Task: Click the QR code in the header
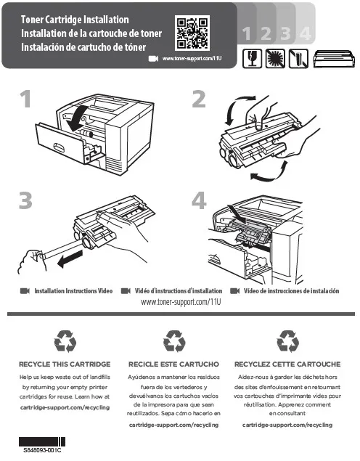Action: pyautogui.click(x=192, y=33)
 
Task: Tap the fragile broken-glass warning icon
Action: pyautogui.click(x=252, y=59)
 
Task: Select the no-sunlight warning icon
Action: pyautogui.click(x=275, y=59)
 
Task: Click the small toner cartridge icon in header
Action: pyautogui.click(x=334, y=59)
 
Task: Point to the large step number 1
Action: pyautogui.click(x=26, y=99)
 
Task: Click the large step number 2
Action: pyautogui.click(x=199, y=99)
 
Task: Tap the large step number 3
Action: pyautogui.click(x=25, y=200)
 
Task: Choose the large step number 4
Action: pyautogui.click(x=199, y=200)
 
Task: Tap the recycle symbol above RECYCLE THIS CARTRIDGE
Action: pyautogui.click(x=65, y=341)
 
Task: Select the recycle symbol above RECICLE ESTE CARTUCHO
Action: pyautogui.click(x=174, y=341)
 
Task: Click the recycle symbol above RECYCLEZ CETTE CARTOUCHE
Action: pyautogui.click(x=287, y=341)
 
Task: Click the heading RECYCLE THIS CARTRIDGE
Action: pyautogui.click(x=65, y=364)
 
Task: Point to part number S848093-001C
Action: pyautogui.click(x=42, y=450)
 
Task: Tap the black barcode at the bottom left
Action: pyautogui.click(x=42, y=441)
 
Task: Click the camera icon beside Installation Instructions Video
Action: pyautogui.click(x=25, y=291)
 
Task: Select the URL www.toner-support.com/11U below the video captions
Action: pyautogui.click(x=181, y=302)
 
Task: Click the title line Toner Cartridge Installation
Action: pyautogui.click(x=75, y=20)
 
